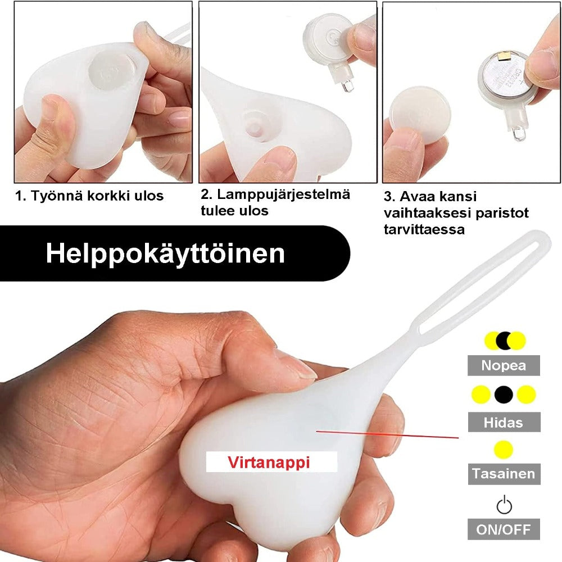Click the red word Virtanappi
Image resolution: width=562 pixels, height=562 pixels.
[x=269, y=462]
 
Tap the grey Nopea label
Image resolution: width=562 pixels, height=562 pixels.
[x=504, y=366]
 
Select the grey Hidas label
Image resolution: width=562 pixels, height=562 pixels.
[x=504, y=422]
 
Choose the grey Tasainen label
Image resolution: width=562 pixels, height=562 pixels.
[x=504, y=474]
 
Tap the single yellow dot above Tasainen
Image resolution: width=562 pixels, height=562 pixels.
[x=504, y=450]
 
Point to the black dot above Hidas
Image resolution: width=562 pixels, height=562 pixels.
[x=504, y=395]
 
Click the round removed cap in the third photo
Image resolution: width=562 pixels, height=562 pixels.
[x=419, y=115]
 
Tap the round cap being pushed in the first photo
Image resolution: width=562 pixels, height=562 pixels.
[x=112, y=70]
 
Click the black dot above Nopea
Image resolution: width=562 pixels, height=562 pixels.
[x=504, y=341]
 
